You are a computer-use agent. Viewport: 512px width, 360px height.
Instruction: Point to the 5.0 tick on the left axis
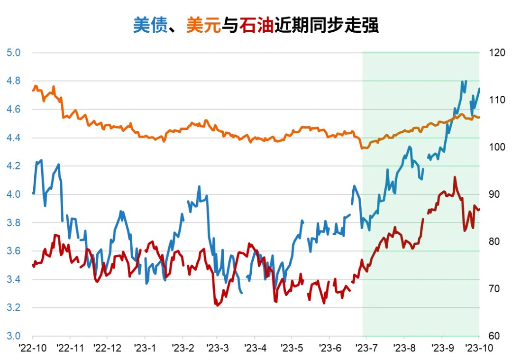(13, 52)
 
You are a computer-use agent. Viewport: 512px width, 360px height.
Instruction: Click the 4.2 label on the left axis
(13, 166)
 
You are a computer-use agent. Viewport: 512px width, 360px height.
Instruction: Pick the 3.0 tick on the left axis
(13, 336)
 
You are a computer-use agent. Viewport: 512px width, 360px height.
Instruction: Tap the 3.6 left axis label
(13, 251)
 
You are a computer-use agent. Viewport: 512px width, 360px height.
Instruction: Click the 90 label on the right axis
(494, 194)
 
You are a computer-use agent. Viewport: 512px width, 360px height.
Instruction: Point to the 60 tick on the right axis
(494, 336)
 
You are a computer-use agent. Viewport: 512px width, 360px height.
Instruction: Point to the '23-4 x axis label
(256, 348)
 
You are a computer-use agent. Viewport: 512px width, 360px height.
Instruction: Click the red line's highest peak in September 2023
(455, 177)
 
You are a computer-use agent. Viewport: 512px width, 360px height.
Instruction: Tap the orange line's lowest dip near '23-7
(363, 148)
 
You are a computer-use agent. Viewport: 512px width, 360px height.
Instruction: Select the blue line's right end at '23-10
(479, 89)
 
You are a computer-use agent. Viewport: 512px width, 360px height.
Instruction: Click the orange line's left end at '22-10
(33, 90)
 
